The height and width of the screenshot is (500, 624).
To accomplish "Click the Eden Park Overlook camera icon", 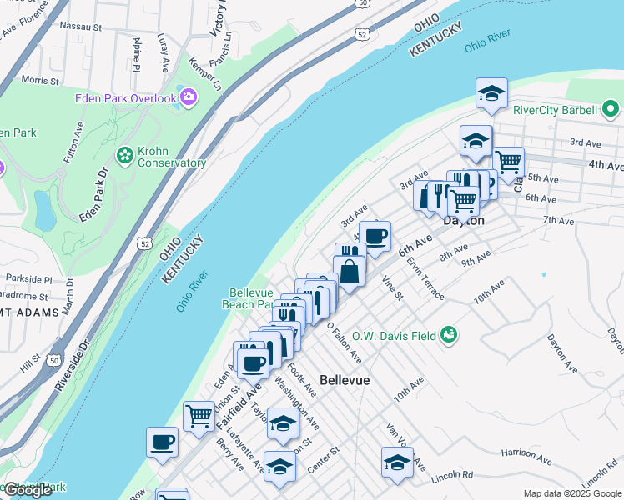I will (189, 98).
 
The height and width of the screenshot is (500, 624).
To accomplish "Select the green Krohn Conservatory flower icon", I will (125, 155).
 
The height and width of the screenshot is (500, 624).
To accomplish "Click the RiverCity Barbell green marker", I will (610, 109).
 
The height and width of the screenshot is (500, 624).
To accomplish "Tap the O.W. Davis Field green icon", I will (450, 335).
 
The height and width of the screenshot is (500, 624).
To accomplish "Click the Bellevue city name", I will (345, 379).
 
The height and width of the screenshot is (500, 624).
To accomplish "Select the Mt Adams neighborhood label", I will (30, 312).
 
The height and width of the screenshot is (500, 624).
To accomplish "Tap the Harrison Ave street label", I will (526, 455).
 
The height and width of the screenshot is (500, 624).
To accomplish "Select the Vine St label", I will (391, 288).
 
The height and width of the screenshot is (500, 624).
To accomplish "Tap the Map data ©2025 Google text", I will (573, 493).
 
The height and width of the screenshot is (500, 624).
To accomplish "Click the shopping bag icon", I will (350, 272).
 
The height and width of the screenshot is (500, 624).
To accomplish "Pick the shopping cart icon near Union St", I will (199, 415).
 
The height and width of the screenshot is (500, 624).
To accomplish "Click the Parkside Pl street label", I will (28, 279).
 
